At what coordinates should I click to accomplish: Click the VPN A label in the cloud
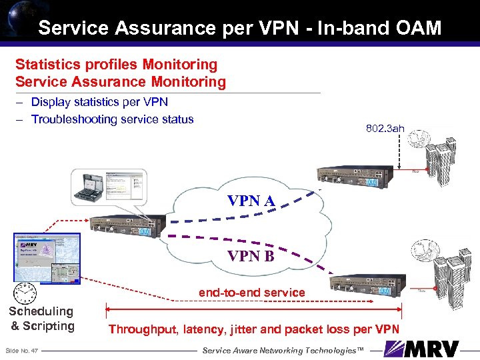tap(252, 200)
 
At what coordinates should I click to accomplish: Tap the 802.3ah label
tap(385, 128)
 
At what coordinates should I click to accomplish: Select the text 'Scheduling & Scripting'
tap(41, 319)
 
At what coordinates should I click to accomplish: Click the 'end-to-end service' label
tap(251, 293)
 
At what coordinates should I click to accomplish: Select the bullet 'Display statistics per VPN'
tap(99, 102)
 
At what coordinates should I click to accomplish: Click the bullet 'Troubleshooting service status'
tap(112, 119)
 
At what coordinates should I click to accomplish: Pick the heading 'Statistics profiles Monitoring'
tap(116, 65)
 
